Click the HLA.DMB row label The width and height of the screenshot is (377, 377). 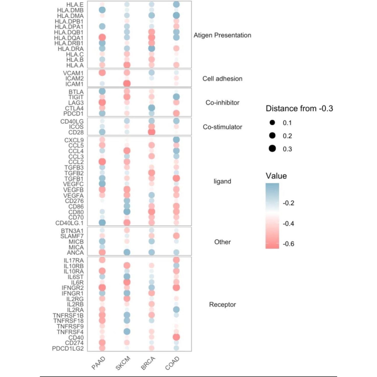(x=70, y=10)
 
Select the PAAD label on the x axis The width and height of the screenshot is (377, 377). (x=99, y=363)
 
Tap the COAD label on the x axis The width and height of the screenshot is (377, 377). (x=172, y=363)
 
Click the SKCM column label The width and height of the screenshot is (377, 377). (x=123, y=363)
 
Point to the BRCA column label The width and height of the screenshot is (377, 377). (x=148, y=363)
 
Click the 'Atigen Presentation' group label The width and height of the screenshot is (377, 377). (x=222, y=35)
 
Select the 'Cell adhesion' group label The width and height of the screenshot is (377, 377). (x=222, y=79)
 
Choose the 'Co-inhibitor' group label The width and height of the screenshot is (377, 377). (x=222, y=103)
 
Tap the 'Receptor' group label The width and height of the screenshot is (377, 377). (x=222, y=305)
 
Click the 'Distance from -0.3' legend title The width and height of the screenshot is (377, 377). (x=299, y=109)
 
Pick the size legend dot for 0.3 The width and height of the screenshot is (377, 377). (x=272, y=148)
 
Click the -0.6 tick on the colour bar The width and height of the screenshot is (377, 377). (x=288, y=244)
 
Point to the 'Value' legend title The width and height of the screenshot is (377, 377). (x=276, y=176)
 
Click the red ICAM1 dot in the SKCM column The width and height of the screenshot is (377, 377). (x=127, y=84)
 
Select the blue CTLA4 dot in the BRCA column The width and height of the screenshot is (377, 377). (x=152, y=108)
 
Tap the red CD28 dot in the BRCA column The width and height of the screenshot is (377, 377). (x=152, y=132)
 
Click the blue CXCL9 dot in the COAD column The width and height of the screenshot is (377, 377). (x=176, y=140)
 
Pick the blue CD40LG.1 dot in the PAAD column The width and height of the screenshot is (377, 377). (x=102, y=223)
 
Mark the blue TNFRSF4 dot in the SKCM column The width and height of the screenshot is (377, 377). (x=127, y=332)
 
